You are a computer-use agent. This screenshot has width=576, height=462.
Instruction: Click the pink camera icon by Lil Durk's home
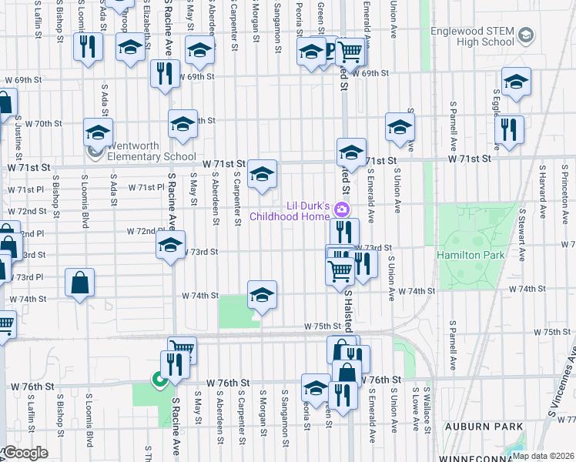pyautogui.click(x=343, y=209)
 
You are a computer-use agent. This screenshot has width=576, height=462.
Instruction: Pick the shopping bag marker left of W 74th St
pyautogui.click(x=80, y=283)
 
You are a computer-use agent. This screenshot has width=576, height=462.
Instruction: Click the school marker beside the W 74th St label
pyautogui.click(x=262, y=296)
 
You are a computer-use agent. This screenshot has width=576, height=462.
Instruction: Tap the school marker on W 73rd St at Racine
pyautogui.click(x=171, y=247)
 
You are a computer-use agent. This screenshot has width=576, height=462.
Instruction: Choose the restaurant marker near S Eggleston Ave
pyautogui.click(x=509, y=129)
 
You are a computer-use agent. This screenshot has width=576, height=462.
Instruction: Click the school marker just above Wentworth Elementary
pyautogui.click(x=99, y=132)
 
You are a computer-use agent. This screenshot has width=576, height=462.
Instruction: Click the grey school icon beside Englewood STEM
pyautogui.click(x=526, y=35)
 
